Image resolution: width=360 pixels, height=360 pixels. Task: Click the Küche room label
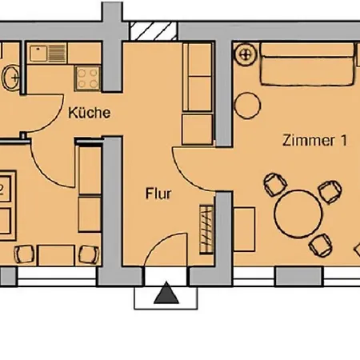[90, 113]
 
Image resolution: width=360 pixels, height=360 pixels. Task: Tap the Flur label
[158, 194]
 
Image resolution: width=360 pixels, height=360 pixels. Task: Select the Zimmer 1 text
[315, 140]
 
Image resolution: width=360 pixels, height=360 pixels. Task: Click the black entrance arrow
[166, 293]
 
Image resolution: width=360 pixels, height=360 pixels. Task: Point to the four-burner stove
[87, 78]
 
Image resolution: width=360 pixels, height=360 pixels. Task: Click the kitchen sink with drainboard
[48, 54]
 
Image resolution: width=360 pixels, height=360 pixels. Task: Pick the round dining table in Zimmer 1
[298, 214]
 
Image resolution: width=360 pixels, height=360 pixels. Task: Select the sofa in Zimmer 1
[308, 64]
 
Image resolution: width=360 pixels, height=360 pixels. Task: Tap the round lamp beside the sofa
[246, 54]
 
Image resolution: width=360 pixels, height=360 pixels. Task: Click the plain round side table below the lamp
[247, 106]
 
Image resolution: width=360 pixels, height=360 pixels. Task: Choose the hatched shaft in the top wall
[153, 31]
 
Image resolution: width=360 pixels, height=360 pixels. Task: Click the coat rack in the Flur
[206, 230]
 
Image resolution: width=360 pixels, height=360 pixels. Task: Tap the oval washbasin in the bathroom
[10, 78]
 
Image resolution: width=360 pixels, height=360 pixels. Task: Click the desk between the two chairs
[56, 255]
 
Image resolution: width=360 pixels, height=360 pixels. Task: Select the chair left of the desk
[24, 254]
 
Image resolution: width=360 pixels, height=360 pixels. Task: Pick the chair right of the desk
[89, 254]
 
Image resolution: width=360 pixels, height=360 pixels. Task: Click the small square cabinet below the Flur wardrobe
[198, 130]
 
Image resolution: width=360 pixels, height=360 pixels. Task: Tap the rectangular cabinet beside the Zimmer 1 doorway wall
[244, 230]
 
